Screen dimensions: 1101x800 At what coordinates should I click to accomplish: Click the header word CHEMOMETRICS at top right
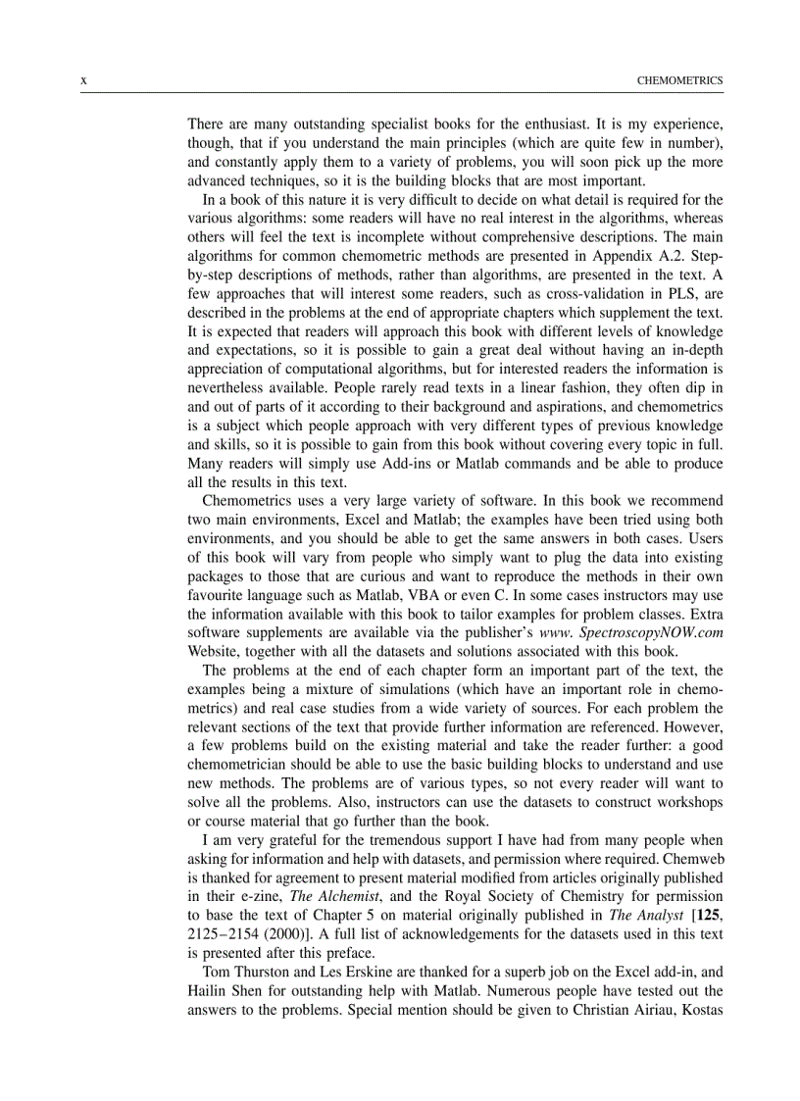point(679,80)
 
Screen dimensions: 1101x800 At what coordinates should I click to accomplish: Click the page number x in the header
point(83,80)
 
